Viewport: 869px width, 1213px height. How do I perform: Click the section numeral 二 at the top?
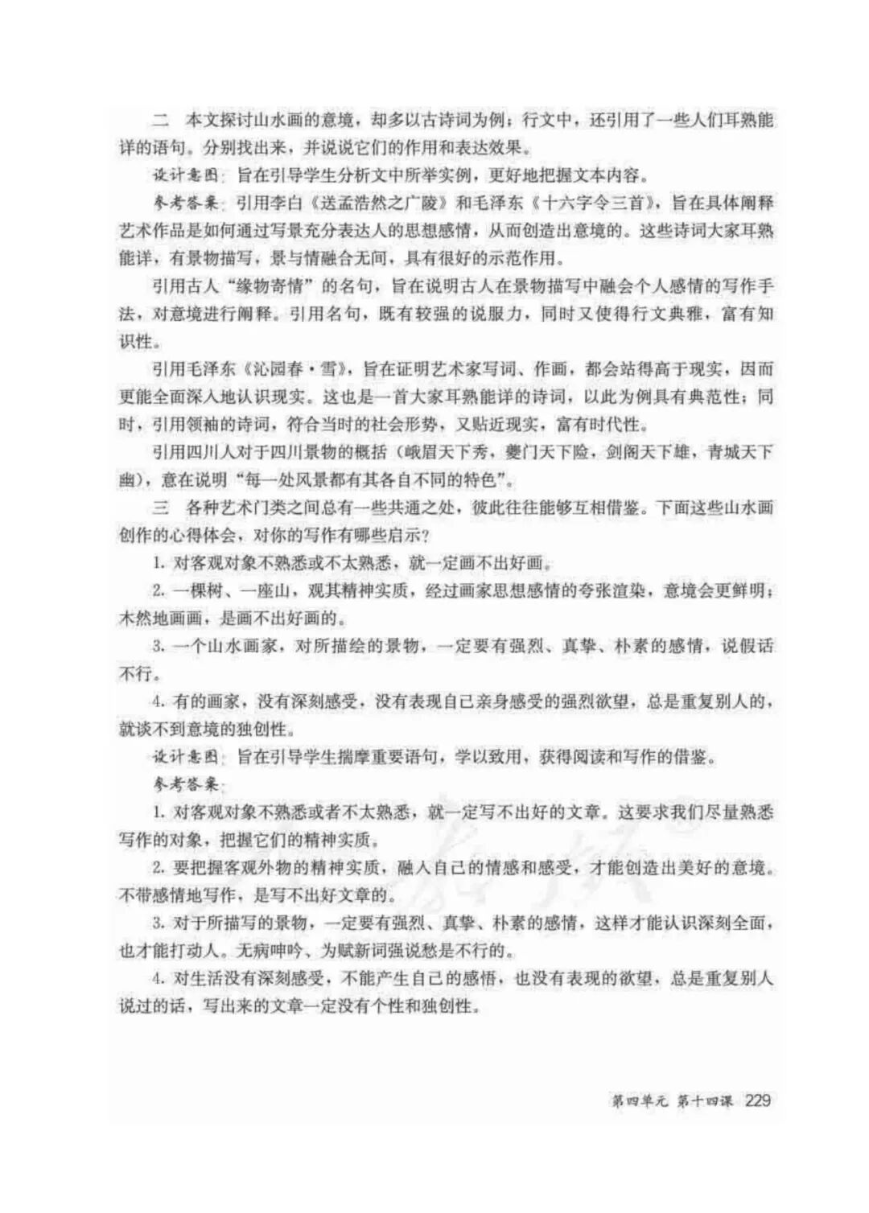(161, 120)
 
